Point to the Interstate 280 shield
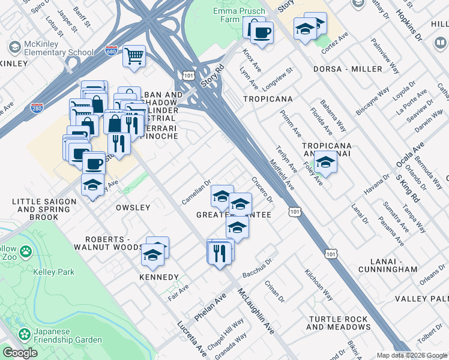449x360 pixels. (x=37, y=108)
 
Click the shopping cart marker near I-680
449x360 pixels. (x=134, y=56)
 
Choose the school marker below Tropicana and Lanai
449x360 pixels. (x=325, y=163)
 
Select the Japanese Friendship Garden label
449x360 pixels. (x=67, y=335)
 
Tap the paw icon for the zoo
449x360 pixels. (x=26, y=251)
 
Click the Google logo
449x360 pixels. (x=20, y=353)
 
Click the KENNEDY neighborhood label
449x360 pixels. (x=159, y=277)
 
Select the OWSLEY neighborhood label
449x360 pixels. (x=133, y=208)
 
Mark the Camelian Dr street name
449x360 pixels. (x=196, y=192)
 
